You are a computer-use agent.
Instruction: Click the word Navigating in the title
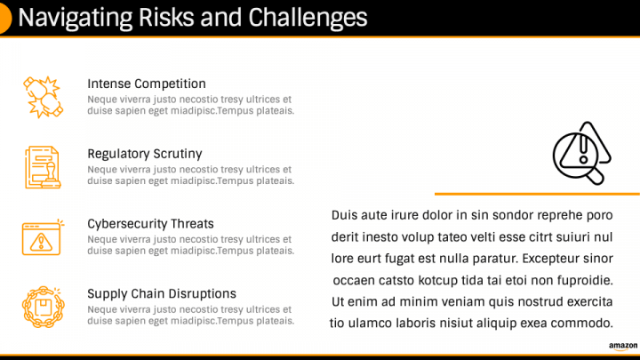(76, 19)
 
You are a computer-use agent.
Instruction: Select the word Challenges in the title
(308, 18)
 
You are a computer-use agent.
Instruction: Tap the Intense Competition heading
(147, 84)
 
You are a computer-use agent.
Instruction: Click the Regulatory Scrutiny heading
(145, 154)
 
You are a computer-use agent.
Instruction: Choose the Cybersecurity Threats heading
(150, 224)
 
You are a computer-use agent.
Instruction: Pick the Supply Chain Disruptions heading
(162, 293)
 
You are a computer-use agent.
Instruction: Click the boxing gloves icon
(44, 97)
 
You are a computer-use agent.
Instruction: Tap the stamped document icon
(44, 167)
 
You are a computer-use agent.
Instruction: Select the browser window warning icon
(43, 237)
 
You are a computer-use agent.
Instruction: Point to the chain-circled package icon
(44, 307)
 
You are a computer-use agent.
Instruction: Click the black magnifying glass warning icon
(581, 153)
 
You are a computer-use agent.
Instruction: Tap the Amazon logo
(623, 347)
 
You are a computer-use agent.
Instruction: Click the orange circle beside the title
(5, 18)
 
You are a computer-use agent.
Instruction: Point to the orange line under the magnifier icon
(537, 194)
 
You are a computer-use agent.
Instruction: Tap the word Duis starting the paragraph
(344, 215)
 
